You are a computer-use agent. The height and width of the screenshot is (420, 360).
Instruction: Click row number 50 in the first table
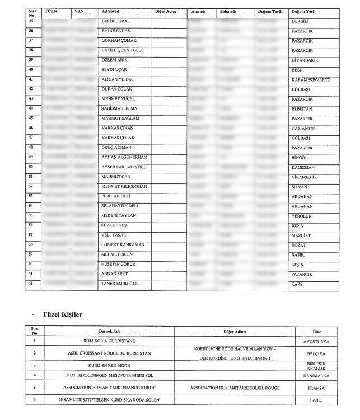click(x=31, y=167)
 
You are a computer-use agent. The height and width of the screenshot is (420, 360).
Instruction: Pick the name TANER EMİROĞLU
click(x=119, y=284)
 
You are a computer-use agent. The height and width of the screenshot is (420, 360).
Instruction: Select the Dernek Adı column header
click(x=110, y=332)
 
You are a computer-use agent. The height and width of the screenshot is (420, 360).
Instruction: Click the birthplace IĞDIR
click(x=297, y=225)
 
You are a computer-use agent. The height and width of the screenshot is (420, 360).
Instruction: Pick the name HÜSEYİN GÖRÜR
click(x=118, y=265)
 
